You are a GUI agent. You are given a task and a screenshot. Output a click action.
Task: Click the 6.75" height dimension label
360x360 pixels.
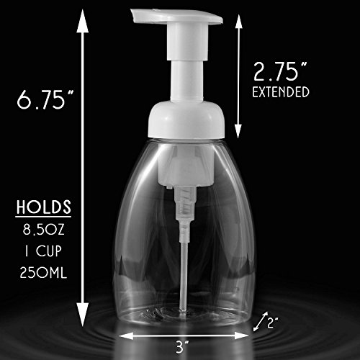tap(45, 99)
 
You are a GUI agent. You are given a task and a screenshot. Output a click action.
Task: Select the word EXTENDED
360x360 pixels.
tap(281, 92)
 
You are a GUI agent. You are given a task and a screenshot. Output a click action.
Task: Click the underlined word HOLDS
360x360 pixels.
tap(44, 207)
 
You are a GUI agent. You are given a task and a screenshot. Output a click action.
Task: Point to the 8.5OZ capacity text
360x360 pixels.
tap(44, 230)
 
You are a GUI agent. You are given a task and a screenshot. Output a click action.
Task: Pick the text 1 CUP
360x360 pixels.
tap(43, 251)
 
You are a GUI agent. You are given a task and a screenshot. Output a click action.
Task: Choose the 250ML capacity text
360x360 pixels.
tap(43, 273)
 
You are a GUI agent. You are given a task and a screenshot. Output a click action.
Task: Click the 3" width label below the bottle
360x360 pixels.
tap(181, 347)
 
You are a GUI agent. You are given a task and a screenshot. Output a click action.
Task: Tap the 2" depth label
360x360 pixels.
tap(273, 323)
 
